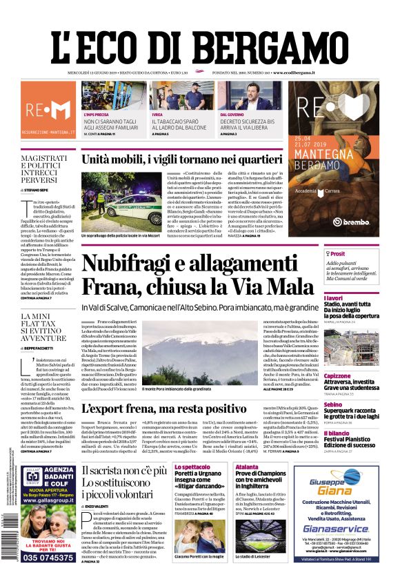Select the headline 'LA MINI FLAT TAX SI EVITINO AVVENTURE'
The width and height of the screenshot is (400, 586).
point(43,328)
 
